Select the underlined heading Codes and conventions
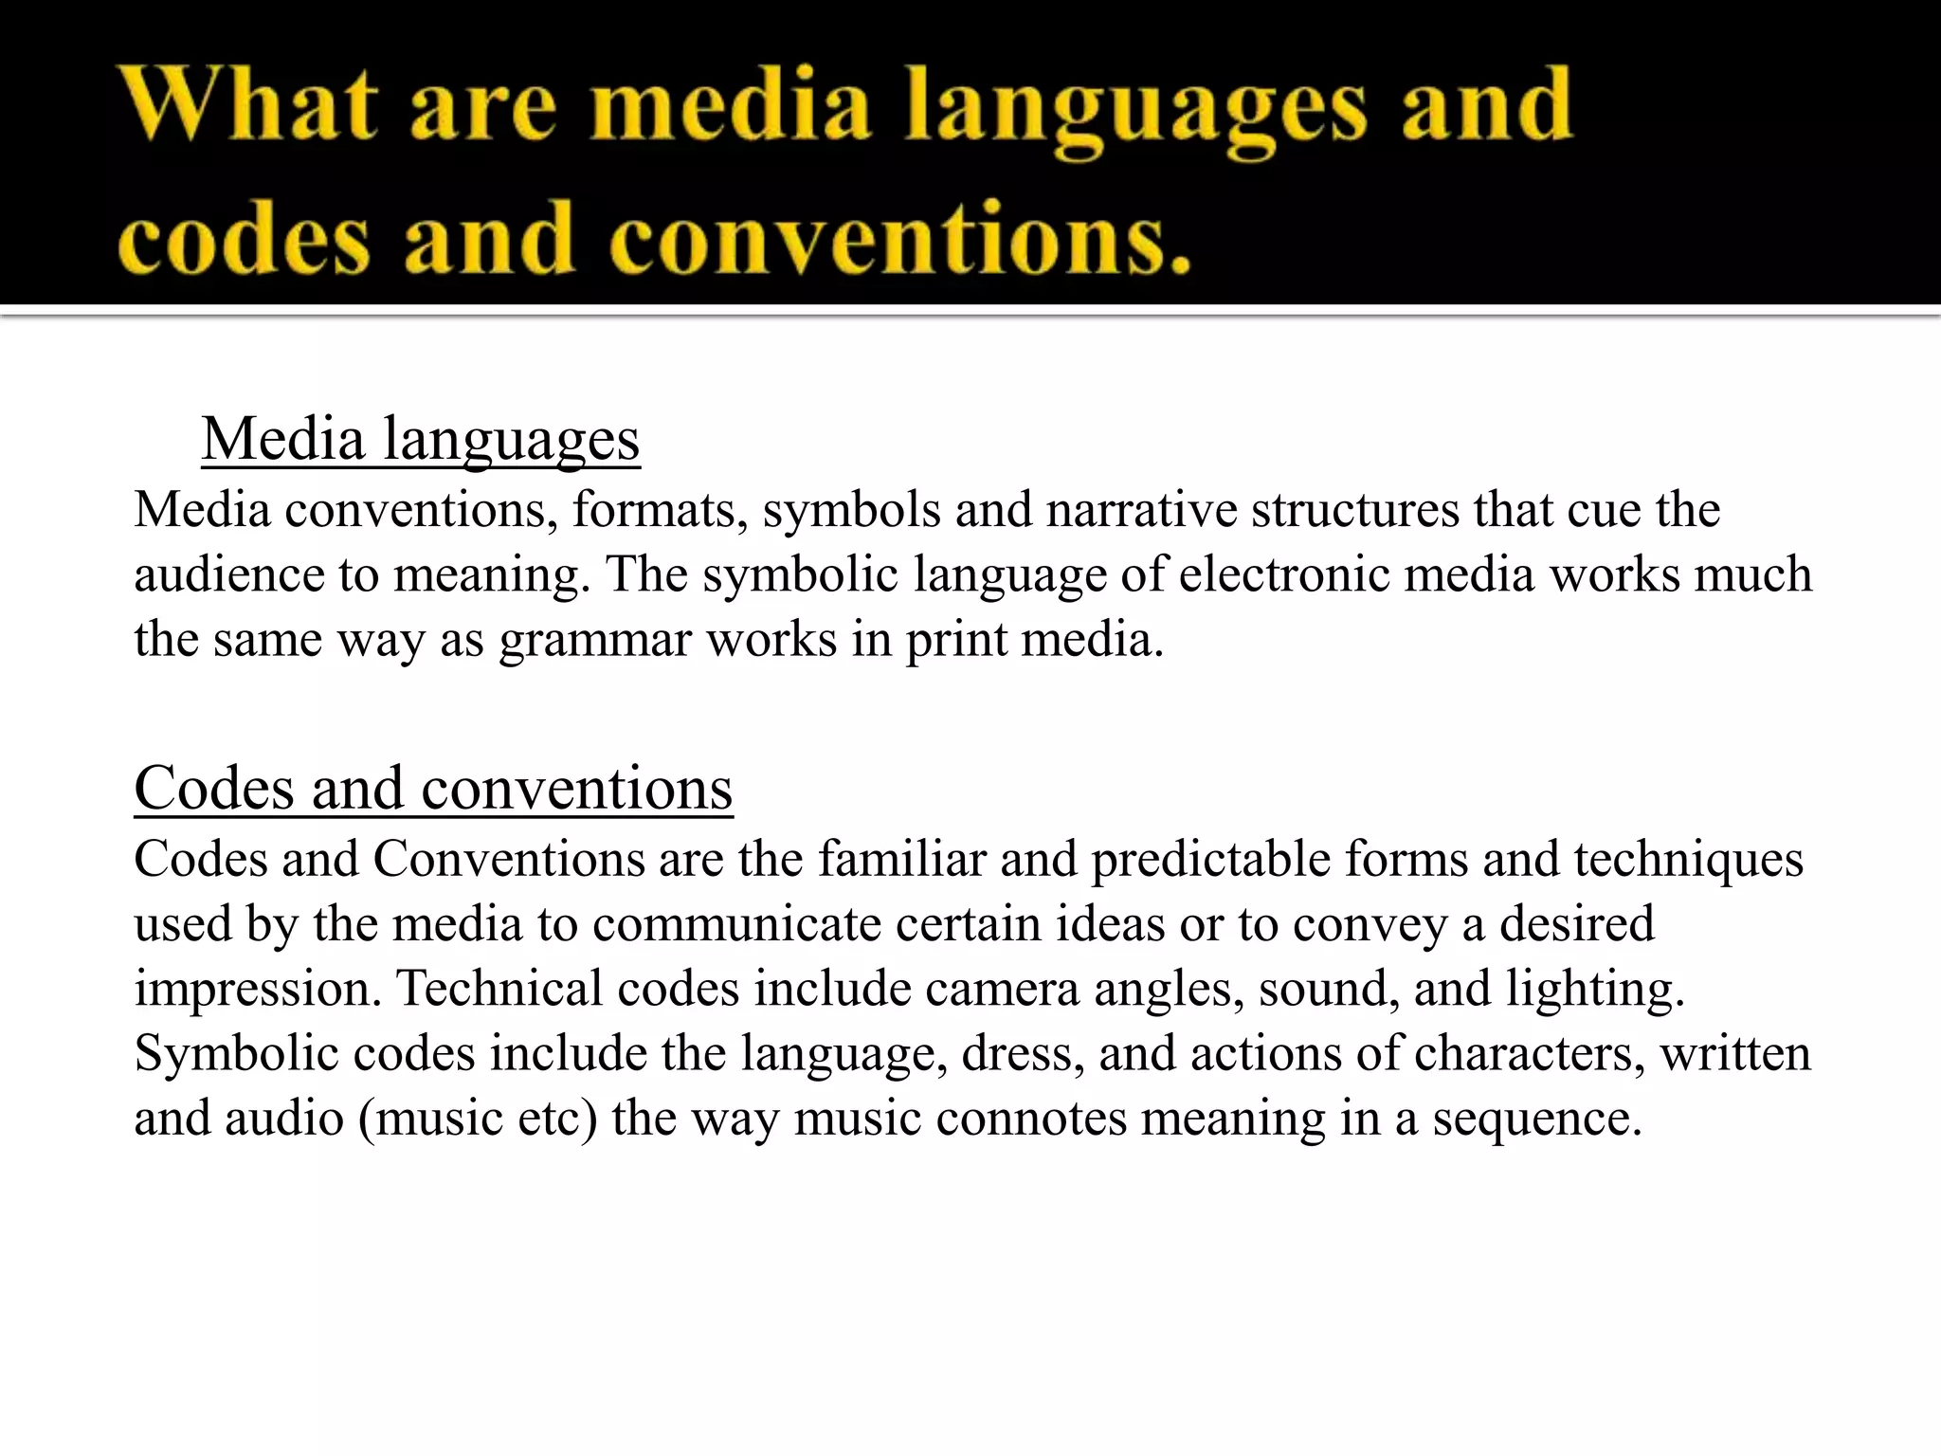433,788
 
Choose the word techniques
1688,860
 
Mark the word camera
1002,989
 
